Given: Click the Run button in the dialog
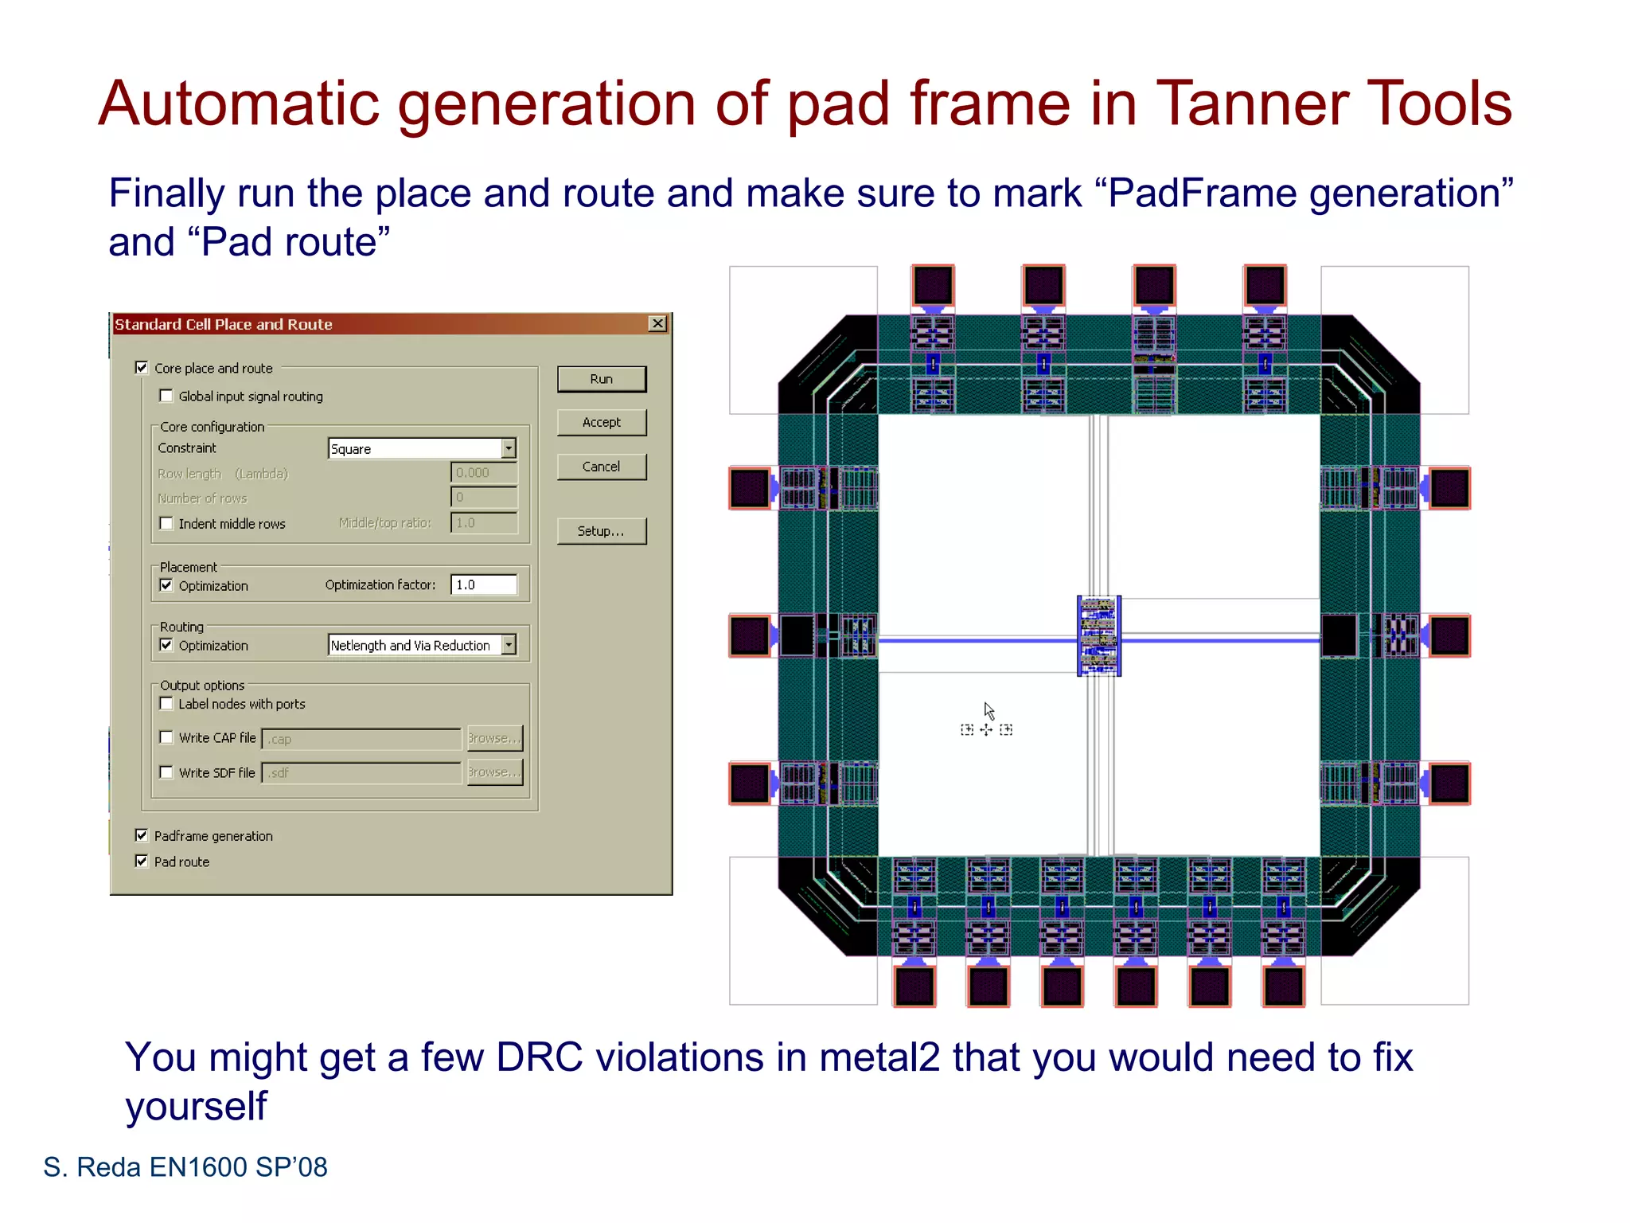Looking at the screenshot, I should (x=601, y=379).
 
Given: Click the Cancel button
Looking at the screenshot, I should (x=601, y=467).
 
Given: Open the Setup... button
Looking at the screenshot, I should (x=601, y=531).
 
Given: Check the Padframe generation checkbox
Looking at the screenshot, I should (x=142, y=835).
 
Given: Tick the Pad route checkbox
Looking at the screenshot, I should (x=142, y=862).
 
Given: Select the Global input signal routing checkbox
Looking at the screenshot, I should (x=166, y=396).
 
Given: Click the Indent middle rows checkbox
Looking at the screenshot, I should (x=166, y=523).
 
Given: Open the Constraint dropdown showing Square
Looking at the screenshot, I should (x=509, y=448).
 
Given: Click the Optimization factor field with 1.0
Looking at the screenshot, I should (x=483, y=584).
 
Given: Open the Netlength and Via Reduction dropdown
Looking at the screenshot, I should (x=509, y=645).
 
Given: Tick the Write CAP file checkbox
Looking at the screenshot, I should (x=166, y=737).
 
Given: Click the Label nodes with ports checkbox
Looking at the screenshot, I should (x=166, y=703).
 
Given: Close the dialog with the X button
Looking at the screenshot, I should (x=657, y=323).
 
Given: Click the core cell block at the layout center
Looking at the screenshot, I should (x=1098, y=635).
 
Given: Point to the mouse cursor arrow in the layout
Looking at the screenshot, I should (x=988, y=709).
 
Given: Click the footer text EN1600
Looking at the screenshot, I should (x=198, y=1166).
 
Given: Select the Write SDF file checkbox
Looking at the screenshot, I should (x=166, y=772).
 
